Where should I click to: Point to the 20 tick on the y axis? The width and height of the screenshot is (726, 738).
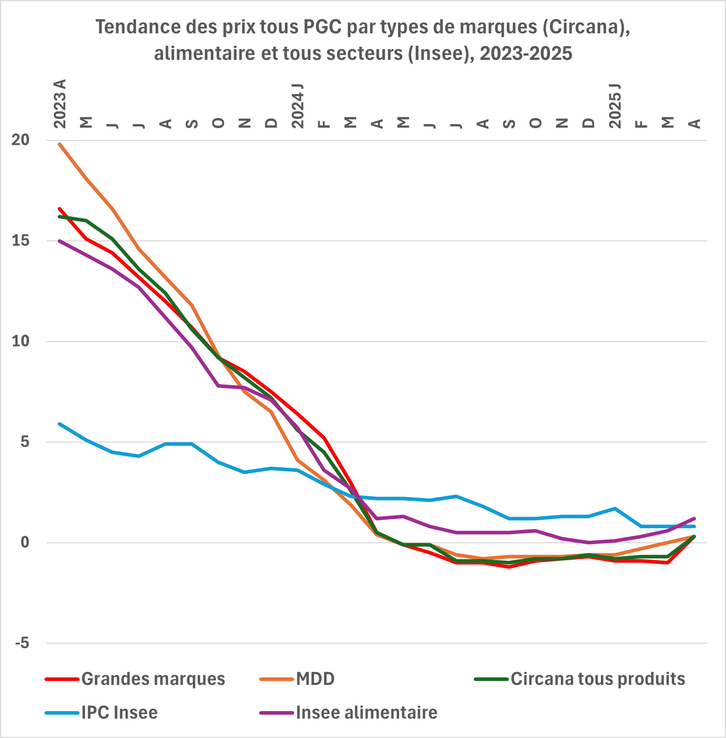pyautogui.click(x=20, y=141)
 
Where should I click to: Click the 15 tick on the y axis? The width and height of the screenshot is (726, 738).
pyautogui.click(x=20, y=241)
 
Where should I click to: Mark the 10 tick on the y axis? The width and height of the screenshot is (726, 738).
pyautogui.click(x=20, y=341)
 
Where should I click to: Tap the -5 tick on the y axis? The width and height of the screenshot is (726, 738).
pyautogui.click(x=22, y=643)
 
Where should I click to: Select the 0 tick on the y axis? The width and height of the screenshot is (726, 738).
pyautogui.click(x=25, y=543)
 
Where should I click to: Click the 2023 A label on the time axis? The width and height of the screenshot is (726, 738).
pyautogui.click(x=60, y=104)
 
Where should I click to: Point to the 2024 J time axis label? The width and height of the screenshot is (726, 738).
pyautogui.click(x=297, y=106)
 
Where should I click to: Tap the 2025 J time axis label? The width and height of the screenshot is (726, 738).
pyautogui.click(x=615, y=106)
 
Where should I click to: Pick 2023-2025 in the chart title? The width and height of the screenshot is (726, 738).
pyautogui.click(x=526, y=53)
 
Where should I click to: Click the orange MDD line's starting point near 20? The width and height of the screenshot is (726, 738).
pyautogui.click(x=59, y=144)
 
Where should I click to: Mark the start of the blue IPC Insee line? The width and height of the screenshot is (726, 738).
pyautogui.click(x=59, y=424)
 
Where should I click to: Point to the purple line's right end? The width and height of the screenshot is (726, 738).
pyautogui.click(x=694, y=519)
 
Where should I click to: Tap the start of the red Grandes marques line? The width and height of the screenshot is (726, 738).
pyautogui.click(x=59, y=209)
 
